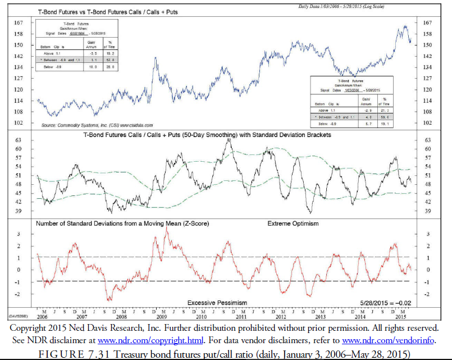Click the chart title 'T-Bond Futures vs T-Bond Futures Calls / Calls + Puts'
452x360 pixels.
tap(121, 11)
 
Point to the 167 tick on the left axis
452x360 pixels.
tap(19, 23)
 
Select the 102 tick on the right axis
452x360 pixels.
tap(427, 122)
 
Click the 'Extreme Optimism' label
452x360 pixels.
tap(293, 224)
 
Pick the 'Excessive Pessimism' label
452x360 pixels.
tap(217, 303)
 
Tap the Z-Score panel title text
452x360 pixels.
tap(122, 224)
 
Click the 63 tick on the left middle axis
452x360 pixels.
tap(19, 140)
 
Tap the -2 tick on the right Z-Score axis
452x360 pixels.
tap(427, 294)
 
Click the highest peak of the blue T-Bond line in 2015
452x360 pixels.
tap(404, 25)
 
